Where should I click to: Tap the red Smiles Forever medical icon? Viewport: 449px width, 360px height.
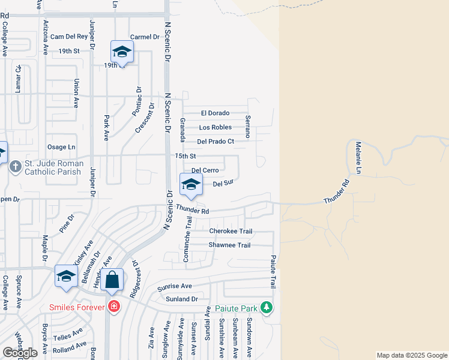(114, 308)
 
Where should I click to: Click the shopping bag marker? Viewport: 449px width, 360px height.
(112, 280)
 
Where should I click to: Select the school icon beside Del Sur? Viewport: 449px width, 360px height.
(191, 184)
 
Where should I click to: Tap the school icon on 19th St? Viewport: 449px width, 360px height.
(122, 52)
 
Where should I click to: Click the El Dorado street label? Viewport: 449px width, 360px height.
(215, 113)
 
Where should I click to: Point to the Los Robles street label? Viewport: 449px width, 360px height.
(215, 127)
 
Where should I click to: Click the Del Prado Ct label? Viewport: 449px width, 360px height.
(215, 142)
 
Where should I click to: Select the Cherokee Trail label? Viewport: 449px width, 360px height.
(231, 231)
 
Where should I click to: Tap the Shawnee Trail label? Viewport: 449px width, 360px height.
(229, 245)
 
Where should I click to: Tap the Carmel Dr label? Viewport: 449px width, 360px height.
(144, 37)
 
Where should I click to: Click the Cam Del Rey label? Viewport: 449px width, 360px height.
(69, 37)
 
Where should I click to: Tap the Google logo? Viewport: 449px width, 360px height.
(20, 352)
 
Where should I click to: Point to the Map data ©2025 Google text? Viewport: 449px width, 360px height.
(412, 355)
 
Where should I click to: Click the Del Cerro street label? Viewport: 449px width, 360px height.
(205, 170)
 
